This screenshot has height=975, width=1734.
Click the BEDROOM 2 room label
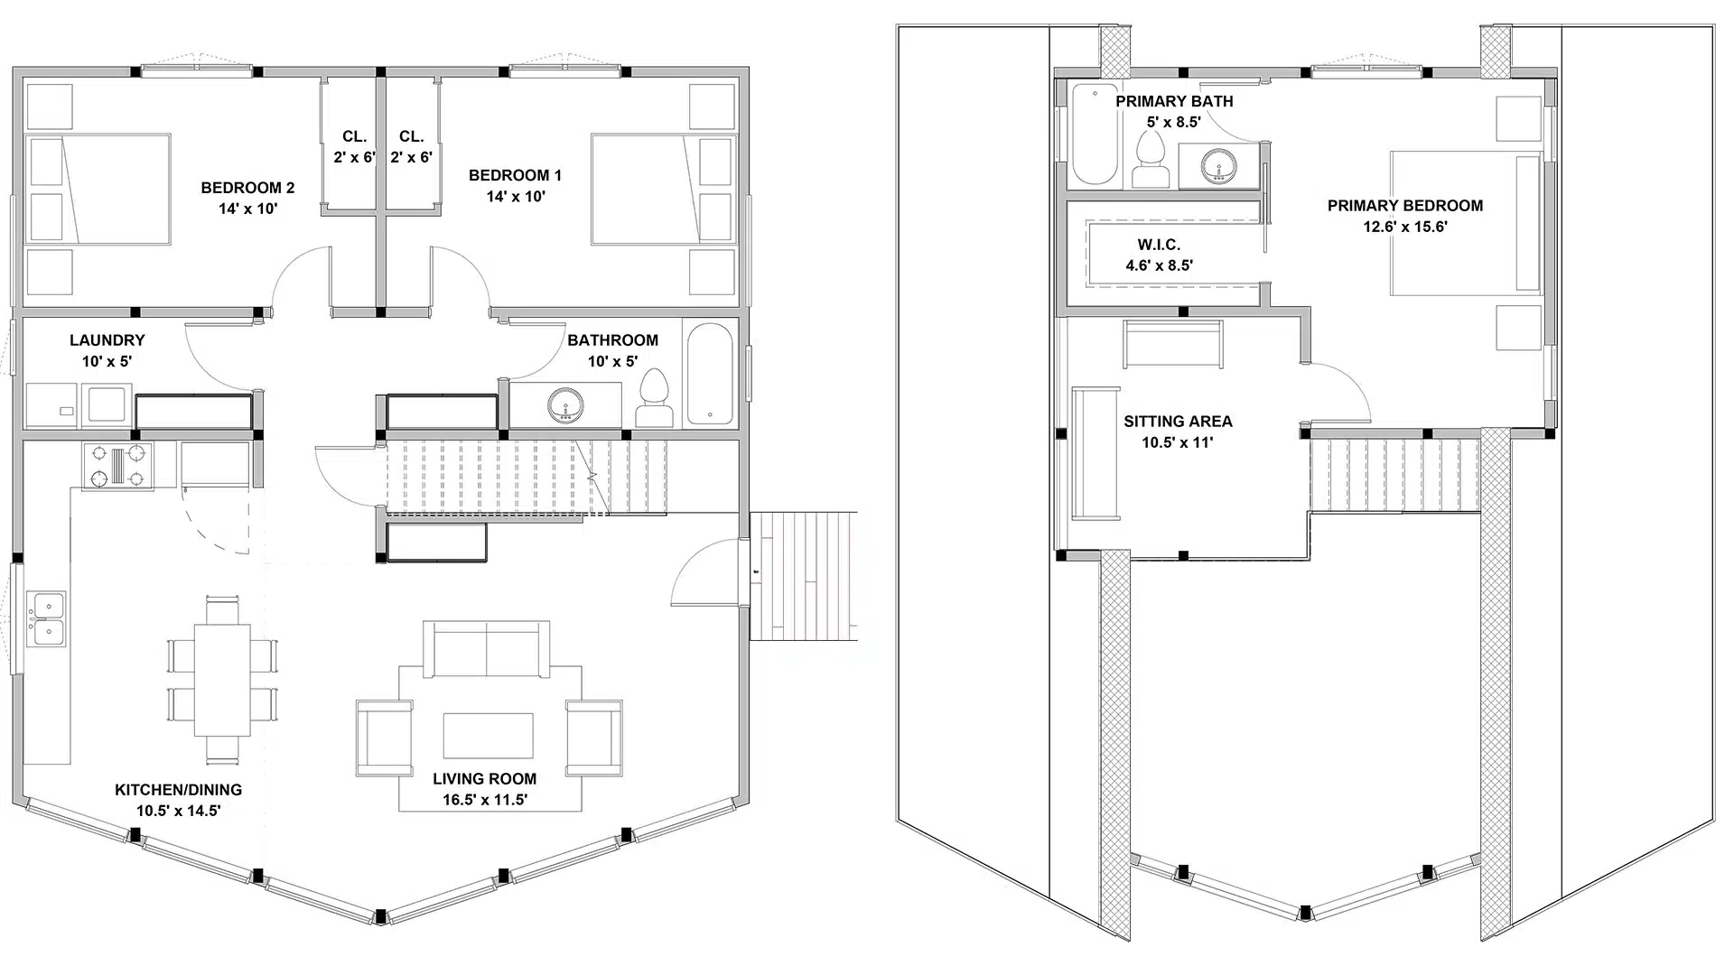click(247, 188)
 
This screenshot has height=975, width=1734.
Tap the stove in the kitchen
click(117, 466)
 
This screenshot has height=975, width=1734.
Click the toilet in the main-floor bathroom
click(655, 399)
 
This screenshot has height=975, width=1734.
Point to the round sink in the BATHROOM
click(566, 404)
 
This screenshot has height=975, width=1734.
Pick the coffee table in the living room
click(488, 735)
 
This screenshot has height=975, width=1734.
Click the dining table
click(222, 680)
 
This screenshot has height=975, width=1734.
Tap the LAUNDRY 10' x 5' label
click(107, 350)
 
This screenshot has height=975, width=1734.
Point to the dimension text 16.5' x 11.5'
click(485, 800)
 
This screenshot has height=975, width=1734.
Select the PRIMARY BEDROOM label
click(1404, 206)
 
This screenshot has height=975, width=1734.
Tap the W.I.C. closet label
click(1159, 245)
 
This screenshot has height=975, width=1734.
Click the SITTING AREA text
click(1178, 422)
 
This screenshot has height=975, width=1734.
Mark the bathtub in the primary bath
click(1093, 134)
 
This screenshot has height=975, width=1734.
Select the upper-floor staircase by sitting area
click(1394, 473)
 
